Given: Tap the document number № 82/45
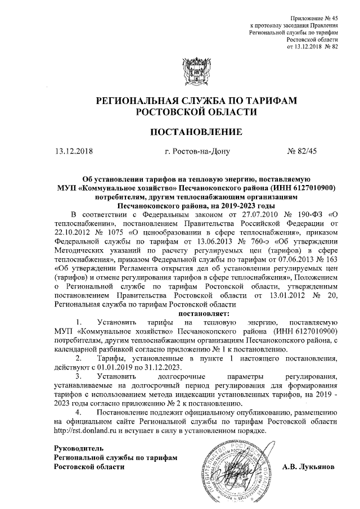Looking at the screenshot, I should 302,151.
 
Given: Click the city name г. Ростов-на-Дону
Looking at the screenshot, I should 195,151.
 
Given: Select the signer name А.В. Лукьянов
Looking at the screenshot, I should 308,467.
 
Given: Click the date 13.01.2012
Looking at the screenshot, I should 274,295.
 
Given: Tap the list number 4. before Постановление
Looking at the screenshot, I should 79,412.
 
